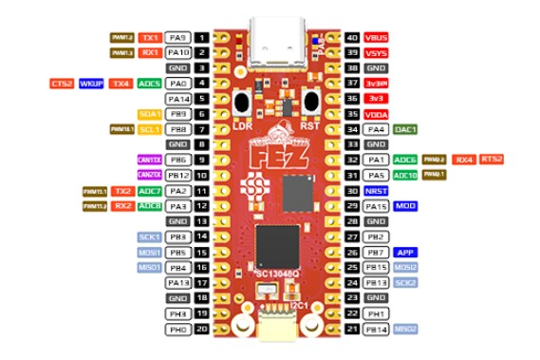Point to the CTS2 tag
click(x=63, y=84)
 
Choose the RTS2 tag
click(x=492, y=159)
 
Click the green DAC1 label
click(x=403, y=128)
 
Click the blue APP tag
click(x=403, y=252)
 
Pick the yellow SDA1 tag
click(x=149, y=113)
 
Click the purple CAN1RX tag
click(x=149, y=159)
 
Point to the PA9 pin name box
click(x=178, y=38)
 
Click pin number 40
click(x=352, y=38)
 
